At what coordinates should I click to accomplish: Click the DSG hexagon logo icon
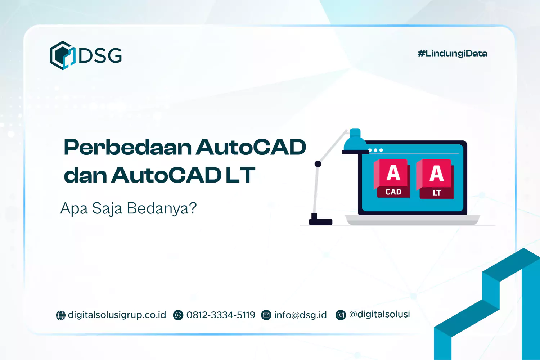tap(62, 55)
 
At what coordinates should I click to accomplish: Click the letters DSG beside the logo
tap(100, 56)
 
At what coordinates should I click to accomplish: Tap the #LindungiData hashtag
tap(452, 54)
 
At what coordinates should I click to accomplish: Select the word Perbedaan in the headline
tap(127, 148)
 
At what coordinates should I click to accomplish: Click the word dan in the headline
tap(85, 175)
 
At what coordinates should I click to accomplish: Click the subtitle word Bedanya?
tap(162, 208)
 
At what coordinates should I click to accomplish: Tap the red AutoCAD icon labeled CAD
tap(393, 179)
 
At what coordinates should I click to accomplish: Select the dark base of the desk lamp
tap(320, 220)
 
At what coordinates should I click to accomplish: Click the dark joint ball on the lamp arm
tap(318, 164)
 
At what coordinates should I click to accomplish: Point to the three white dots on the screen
tap(375, 150)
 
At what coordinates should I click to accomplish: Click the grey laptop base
tap(412, 220)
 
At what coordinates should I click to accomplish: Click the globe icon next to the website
tap(60, 315)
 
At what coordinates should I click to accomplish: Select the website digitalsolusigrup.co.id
tap(117, 315)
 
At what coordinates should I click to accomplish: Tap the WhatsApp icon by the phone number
tap(178, 315)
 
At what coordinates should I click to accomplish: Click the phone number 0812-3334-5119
tap(221, 315)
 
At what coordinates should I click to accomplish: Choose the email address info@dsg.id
tap(300, 315)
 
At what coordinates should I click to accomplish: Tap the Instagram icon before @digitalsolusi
tap(341, 315)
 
